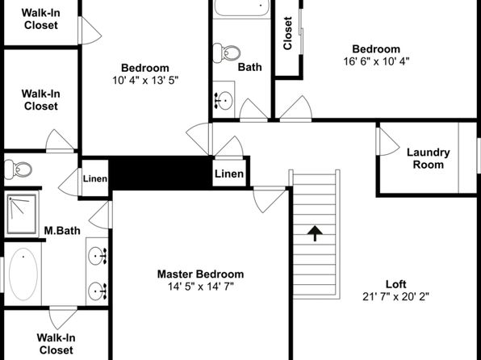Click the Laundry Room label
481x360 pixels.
pyautogui.click(x=429, y=158)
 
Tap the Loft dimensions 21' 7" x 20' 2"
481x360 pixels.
pyautogui.click(x=395, y=297)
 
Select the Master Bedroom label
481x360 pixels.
pyautogui.click(x=201, y=274)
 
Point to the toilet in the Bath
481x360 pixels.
pyautogui.click(x=227, y=53)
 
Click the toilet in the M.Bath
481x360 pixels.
pyautogui.click(x=18, y=170)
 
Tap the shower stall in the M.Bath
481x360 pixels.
pyautogui.click(x=22, y=214)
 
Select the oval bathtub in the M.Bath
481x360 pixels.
pyautogui.click(x=23, y=274)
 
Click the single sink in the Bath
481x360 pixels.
pyautogui.click(x=224, y=100)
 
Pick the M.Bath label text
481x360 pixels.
pyautogui.click(x=62, y=231)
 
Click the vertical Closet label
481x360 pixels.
pyautogui.click(x=287, y=33)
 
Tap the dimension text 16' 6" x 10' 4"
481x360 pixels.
pyautogui.click(x=376, y=61)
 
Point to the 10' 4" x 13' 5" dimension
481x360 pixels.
pyautogui.click(x=145, y=81)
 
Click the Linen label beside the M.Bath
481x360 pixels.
pyautogui.click(x=95, y=178)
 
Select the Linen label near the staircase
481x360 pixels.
pyautogui.click(x=229, y=174)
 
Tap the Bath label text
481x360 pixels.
pyautogui.click(x=250, y=67)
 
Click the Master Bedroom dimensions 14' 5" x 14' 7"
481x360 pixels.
pyautogui.click(x=201, y=287)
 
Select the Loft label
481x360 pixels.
pyautogui.click(x=395, y=284)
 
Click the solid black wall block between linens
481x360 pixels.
pyautogui.click(x=161, y=173)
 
